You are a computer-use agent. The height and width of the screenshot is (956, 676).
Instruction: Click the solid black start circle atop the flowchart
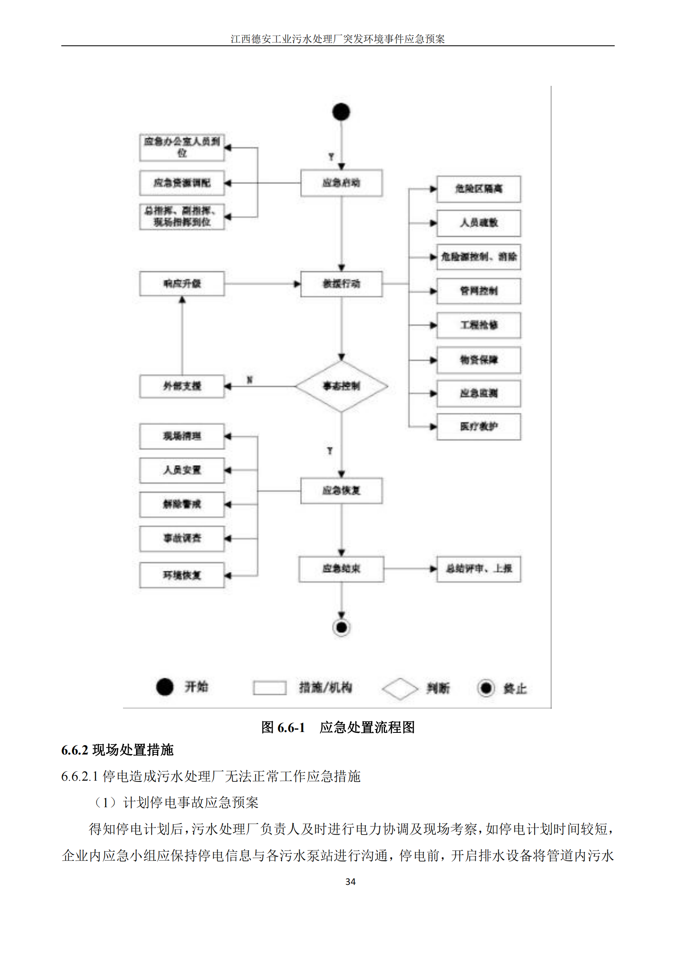(341, 112)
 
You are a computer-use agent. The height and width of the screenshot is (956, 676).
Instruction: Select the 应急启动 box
(341, 183)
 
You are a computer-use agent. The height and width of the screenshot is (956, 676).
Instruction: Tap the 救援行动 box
(341, 284)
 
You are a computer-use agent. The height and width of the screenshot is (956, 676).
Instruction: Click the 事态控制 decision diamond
(341, 386)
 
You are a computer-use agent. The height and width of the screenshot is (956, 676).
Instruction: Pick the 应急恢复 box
(341, 490)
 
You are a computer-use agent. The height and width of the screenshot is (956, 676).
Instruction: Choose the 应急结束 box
(341, 569)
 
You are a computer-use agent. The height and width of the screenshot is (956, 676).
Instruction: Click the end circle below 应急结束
(341, 627)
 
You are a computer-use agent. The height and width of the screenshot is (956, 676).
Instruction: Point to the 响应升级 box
(182, 284)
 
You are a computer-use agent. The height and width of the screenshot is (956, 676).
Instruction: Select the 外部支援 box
(182, 386)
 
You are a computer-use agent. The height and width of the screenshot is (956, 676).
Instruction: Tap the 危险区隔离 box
(478, 189)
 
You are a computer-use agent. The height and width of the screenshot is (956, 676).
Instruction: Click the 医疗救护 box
(478, 426)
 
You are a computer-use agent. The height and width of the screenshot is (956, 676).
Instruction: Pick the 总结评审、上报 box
(478, 569)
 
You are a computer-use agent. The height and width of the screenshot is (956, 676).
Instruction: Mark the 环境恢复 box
(182, 575)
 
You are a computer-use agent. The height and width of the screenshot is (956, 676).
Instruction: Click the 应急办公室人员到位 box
(182, 148)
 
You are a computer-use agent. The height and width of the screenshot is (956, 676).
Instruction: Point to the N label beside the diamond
(250, 380)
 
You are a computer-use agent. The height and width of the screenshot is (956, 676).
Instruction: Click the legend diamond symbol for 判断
(400, 689)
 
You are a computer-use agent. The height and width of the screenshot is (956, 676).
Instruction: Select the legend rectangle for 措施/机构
(269, 688)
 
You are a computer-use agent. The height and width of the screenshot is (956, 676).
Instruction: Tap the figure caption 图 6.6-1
(283, 728)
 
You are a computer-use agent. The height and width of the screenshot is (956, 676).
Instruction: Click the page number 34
(351, 882)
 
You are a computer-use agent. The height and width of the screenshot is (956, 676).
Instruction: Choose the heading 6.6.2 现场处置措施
(117, 750)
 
